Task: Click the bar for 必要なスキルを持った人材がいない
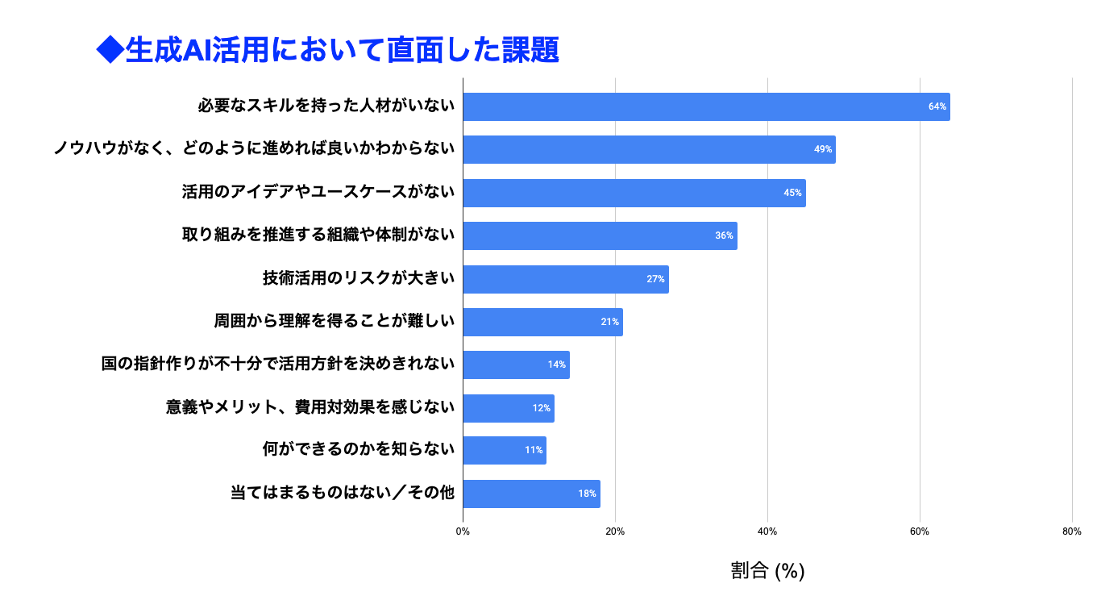coord(706,106)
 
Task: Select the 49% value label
coord(823,149)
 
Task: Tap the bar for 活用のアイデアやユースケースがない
coord(634,193)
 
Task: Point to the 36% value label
coord(724,235)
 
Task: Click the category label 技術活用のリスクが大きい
coord(359,278)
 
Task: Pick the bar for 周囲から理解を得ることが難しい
coord(542,322)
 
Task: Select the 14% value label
coord(556,365)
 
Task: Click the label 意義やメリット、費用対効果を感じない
coord(310,407)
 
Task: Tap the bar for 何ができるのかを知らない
coord(505,450)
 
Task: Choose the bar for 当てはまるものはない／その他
coord(531,494)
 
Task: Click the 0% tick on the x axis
coord(463,531)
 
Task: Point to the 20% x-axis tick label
coord(615,531)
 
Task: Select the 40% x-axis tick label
coord(767,531)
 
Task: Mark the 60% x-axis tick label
coord(920,531)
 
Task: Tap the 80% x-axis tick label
coord(1072,531)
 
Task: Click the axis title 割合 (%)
coord(767,571)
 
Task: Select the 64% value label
coord(937,106)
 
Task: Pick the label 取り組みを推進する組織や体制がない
coord(318,235)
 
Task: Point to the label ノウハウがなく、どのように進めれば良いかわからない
coord(254,149)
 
